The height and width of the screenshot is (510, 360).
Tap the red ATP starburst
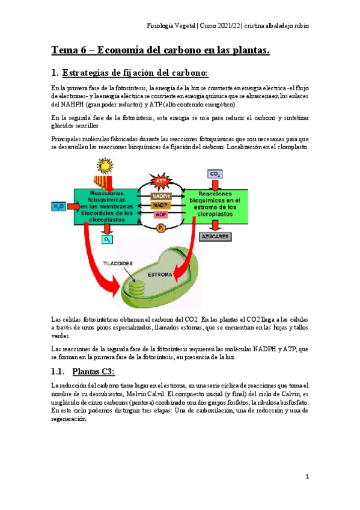coord(160,180)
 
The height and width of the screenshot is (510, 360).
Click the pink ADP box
coord(160,214)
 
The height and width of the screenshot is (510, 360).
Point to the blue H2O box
coord(58,206)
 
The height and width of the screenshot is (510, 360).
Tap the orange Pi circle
coord(160,228)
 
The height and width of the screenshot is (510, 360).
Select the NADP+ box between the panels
coord(160,205)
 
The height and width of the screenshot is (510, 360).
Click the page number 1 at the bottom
coord(307,477)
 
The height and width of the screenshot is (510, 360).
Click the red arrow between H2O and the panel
coord(70,206)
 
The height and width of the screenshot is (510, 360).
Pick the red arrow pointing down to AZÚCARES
coord(214,226)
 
